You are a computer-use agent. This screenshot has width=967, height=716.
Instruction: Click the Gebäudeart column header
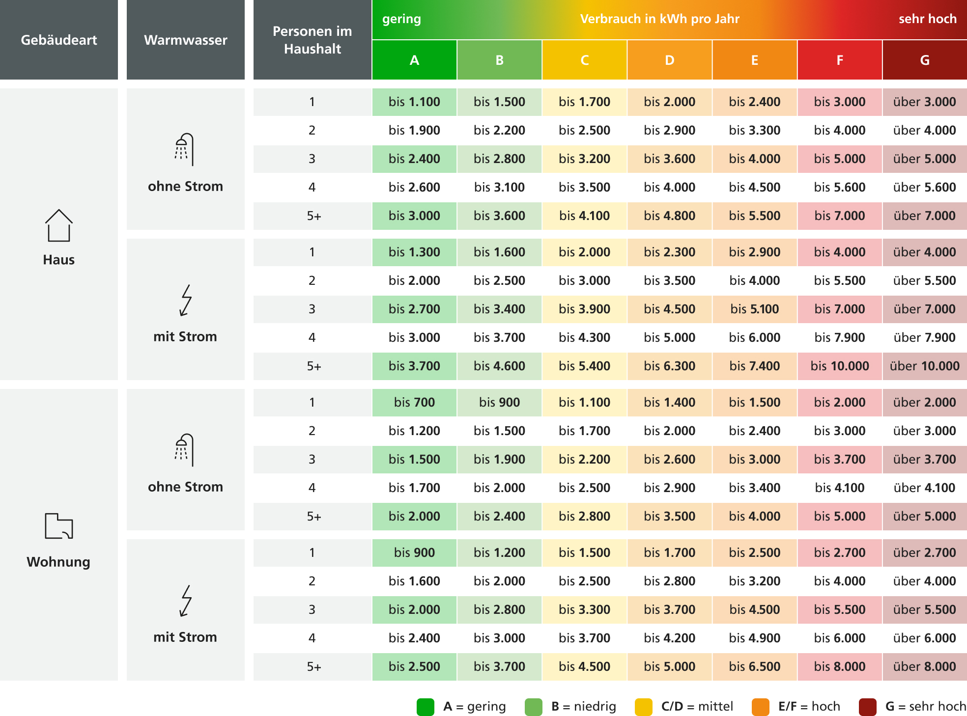(59, 40)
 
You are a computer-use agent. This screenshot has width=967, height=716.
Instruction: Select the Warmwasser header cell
(186, 40)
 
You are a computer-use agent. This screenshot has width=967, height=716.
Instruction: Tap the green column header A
(414, 60)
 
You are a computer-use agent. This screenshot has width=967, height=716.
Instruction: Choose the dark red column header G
(925, 60)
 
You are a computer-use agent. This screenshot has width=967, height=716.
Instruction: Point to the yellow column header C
(584, 60)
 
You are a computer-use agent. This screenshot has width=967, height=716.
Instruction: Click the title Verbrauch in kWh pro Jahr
(659, 19)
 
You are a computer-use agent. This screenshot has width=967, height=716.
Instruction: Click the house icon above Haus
(59, 225)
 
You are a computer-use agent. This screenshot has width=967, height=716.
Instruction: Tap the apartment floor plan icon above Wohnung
(59, 526)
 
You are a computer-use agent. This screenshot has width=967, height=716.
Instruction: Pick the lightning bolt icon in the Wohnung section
(186, 601)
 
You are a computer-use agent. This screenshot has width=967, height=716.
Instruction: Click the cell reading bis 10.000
(840, 366)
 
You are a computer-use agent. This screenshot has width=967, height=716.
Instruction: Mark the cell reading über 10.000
(925, 366)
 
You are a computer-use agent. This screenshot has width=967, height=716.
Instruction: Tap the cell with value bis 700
(414, 402)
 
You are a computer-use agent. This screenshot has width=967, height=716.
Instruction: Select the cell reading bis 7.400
(755, 366)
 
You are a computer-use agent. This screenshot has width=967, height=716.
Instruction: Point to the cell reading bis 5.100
(755, 309)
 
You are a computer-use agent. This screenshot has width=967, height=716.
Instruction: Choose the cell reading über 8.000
(925, 666)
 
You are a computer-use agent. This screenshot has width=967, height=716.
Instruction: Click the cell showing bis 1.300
(414, 252)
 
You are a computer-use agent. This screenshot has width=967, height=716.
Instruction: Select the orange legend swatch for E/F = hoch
(761, 707)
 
